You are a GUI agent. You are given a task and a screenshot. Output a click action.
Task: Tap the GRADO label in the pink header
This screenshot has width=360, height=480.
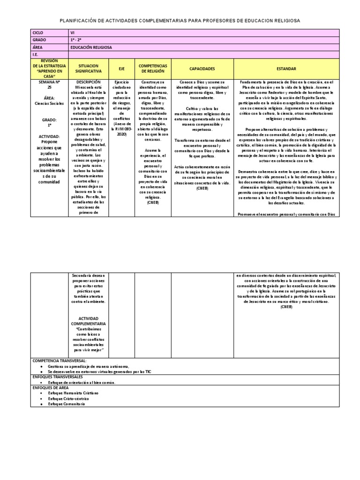click(x=39, y=40)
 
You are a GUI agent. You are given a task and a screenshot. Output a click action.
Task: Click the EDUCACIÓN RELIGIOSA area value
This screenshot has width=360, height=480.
click(x=91, y=47)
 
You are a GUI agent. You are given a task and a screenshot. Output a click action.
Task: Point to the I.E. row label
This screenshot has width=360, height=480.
click(x=35, y=54)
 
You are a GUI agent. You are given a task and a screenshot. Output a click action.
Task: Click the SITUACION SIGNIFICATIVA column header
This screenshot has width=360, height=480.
click(x=88, y=68)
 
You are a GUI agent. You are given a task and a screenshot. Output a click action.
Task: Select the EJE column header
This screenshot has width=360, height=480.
click(x=121, y=68)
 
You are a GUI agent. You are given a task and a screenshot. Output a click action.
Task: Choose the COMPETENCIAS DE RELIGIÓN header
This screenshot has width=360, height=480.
click(x=153, y=68)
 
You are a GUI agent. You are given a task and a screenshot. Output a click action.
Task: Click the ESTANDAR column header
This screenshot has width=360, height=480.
click(x=286, y=68)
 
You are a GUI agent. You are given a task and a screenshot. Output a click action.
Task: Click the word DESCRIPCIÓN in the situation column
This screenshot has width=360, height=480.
click(x=88, y=82)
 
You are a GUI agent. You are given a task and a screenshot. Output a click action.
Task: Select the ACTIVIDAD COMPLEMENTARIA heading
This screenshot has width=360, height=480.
click(x=88, y=321)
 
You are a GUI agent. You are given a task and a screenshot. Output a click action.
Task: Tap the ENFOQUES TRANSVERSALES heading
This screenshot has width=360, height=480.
click(x=58, y=376)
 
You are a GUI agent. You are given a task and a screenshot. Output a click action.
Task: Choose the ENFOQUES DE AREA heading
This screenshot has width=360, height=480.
click(x=51, y=388)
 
